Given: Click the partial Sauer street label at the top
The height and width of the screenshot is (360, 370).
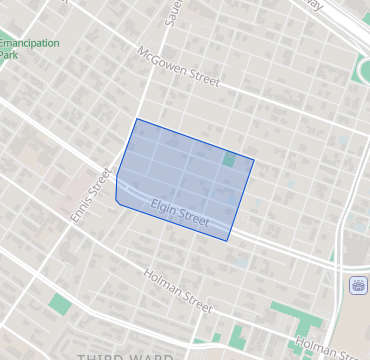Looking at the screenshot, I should [x=171, y=13].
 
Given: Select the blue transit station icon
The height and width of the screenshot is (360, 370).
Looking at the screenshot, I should [x=357, y=286].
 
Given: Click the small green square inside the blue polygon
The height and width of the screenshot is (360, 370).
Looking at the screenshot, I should [x=230, y=159].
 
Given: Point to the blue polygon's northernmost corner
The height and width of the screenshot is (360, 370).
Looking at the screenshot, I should [x=136, y=119].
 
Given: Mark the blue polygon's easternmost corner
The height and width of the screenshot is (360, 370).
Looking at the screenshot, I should [x=254, y=160].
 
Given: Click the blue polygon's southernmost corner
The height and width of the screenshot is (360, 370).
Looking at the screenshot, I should [x=228, y=241].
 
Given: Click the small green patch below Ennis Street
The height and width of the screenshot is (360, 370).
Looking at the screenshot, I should [x=61, y=302].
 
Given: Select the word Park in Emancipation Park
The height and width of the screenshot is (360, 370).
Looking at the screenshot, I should [x=9, y=55].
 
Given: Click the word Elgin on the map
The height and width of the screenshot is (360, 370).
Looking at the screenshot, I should [x=164, y=208].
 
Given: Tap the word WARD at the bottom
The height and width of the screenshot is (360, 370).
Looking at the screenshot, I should [x=146, y=355].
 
